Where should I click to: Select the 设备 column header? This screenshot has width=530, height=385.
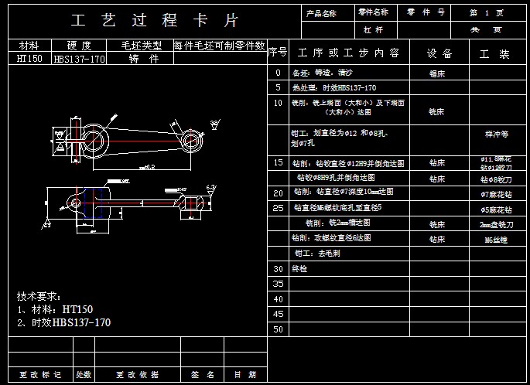(440, 53)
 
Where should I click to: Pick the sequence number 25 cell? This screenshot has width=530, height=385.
(278, 208)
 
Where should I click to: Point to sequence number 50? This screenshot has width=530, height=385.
(278, 329)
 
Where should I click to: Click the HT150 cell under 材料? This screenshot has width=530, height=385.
(29, 59)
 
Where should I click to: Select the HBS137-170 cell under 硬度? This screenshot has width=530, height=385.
(80, 59)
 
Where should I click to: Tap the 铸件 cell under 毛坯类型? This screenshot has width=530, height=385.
(143, 59)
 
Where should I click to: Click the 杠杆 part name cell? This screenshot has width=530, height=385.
(374, 30)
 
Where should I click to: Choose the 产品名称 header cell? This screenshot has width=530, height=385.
(321, 13)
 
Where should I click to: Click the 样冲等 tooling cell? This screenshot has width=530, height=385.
(496, 134)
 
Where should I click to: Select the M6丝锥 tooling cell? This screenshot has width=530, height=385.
(495, 240)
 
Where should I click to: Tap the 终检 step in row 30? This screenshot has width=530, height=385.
(299, 269)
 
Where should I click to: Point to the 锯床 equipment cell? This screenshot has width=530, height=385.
(437, 74)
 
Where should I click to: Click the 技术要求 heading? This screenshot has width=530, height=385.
(39, 296)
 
